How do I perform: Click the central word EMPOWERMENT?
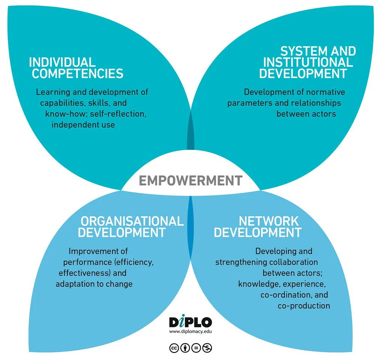click(x=190, y=181)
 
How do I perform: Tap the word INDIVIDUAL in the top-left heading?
click(x=62, y=62)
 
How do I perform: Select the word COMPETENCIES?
click(x=77, y=74)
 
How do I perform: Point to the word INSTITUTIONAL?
click(x=308, y=62)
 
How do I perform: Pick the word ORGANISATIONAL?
click(x=132, y=221)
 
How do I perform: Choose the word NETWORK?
click(x=268, y=221)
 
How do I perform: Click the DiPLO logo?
click(x=190, y=322)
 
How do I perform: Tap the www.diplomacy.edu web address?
click(x=190, y=331)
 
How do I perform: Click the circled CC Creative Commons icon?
click(x=174, y=348)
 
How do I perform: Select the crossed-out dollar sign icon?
click(x=207, y=348)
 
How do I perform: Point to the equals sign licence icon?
click(x=196, y=348)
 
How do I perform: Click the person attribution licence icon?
click(x=185, y=348)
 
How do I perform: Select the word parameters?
click(x=250, y=103)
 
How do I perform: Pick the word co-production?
click(x=304, y=306)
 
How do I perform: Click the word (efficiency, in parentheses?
click(x=134, y=262)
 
